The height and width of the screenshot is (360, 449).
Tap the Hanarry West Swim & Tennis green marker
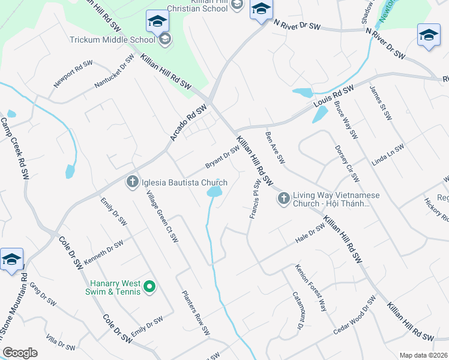point(151,289)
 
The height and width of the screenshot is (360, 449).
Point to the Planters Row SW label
point(196,312)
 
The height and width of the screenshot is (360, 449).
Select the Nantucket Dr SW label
point(115,71)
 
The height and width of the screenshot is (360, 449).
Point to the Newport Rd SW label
point(73,74)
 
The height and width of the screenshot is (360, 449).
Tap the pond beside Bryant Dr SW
point(214,192)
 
